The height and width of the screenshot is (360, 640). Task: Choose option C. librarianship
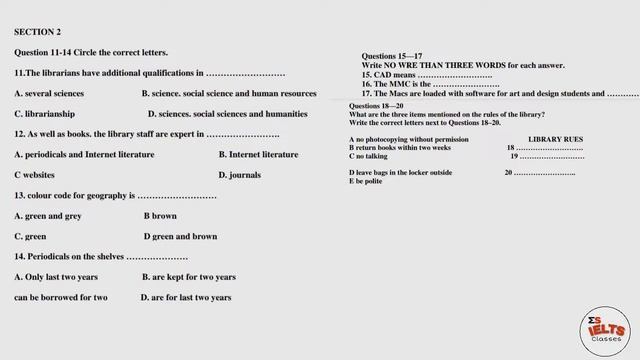coord(44,114)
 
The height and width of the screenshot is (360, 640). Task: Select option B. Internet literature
coord(258,155)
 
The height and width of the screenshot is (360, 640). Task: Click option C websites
coord(35,175)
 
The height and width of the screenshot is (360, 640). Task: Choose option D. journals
coord(239,175)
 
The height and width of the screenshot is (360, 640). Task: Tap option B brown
coord(160,216)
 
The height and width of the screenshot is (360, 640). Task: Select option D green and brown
coord(180,237)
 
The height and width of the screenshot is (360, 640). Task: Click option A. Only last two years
coord(56,277)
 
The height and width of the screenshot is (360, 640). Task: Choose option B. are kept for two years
coord(188,277)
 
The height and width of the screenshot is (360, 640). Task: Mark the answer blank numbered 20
coord(539,173)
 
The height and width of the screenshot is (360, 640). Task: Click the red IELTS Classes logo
coord(605,326)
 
